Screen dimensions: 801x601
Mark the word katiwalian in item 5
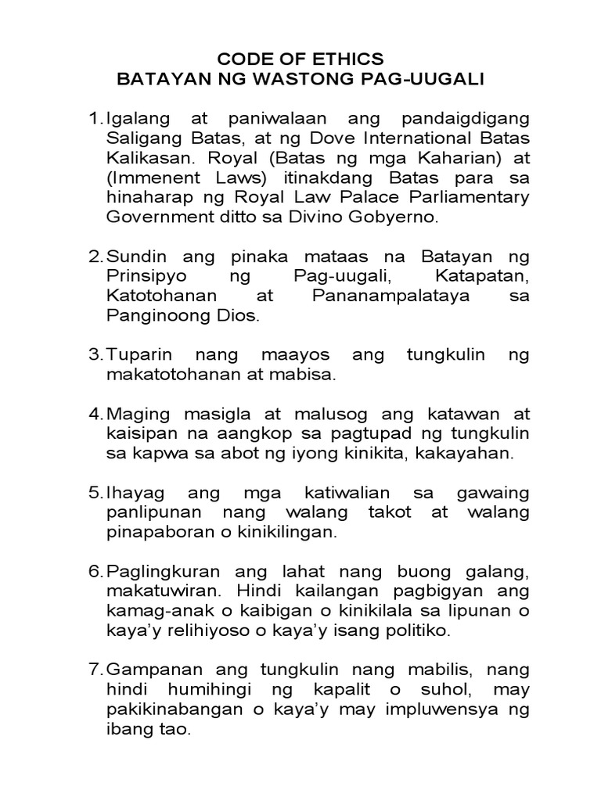(x=332, y=494)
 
